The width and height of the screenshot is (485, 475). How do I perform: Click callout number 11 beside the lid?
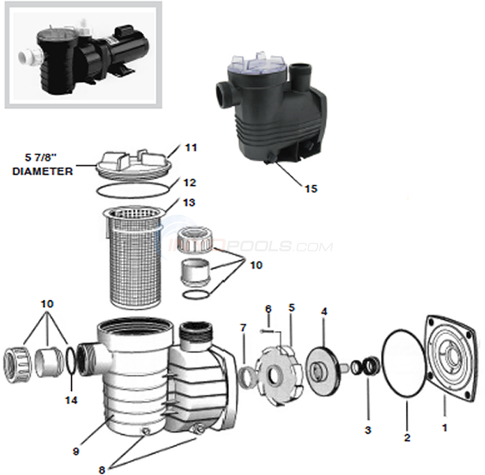point(191,147)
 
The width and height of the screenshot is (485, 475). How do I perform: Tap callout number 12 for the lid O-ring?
point(190,182)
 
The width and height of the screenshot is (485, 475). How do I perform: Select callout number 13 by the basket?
point(190,202)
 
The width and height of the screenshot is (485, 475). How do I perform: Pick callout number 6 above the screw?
point(269,308)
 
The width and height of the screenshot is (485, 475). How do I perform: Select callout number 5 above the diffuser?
point(291,307)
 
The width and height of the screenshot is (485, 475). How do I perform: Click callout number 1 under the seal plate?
point(443,429)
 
